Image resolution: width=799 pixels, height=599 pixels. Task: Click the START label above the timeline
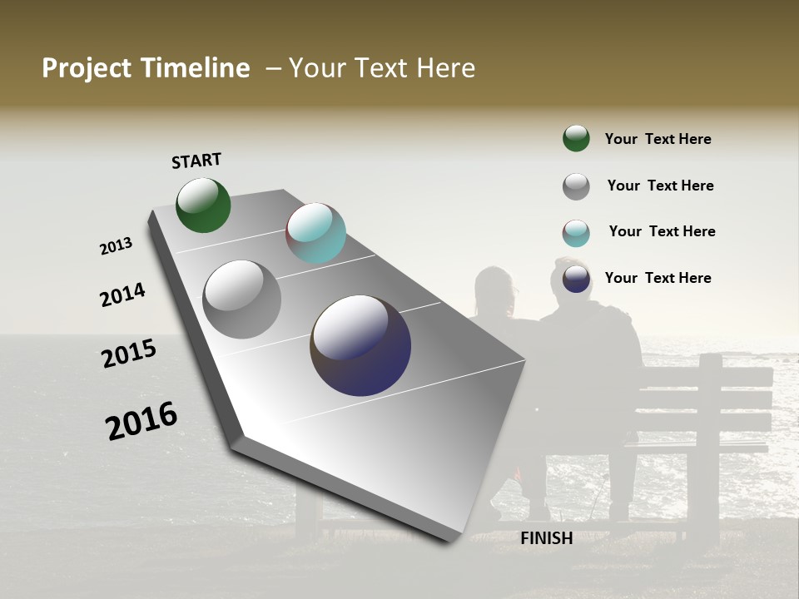click(196, 161)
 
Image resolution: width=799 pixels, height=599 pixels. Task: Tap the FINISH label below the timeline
click(546, 538)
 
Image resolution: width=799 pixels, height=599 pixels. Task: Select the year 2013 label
click(117, 246)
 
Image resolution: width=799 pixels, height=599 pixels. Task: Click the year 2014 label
click(122, 295)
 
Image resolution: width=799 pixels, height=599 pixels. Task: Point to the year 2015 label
click(129, 354)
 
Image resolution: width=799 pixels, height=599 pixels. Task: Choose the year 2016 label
click(141, 421)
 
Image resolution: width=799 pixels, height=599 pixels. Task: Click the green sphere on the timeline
click(203, 205)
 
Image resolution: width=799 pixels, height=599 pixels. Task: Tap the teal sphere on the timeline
click(315, 233)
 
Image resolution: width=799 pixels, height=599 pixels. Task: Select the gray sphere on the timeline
click(241, 299)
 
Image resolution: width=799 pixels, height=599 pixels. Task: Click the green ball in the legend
click(576, 138)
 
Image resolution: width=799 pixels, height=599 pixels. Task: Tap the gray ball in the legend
click(576, 186)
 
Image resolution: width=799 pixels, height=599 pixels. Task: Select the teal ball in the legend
click(576, 233)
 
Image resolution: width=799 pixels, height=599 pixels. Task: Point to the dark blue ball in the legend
click(576, 279)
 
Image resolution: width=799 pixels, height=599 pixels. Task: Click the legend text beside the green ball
click(658, 139)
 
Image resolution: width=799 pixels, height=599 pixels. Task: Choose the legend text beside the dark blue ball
click(658, 278)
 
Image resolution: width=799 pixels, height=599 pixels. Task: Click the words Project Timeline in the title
click(146, 68)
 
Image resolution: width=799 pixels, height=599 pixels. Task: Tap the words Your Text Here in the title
click(382, 68)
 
